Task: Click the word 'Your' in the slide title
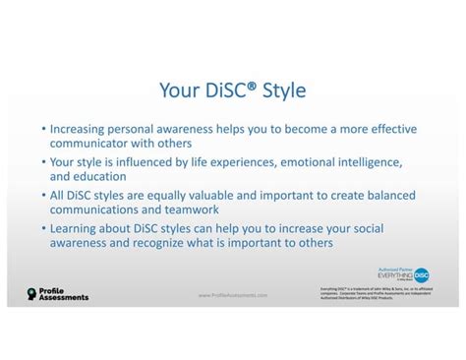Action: (178, 91)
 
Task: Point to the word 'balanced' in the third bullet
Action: (390, 194)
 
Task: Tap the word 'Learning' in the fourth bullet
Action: (79, 227)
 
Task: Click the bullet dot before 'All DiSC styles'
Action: (43, 195)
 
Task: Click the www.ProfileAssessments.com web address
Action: (232, 295)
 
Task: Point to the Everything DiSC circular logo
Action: (422, 275)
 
